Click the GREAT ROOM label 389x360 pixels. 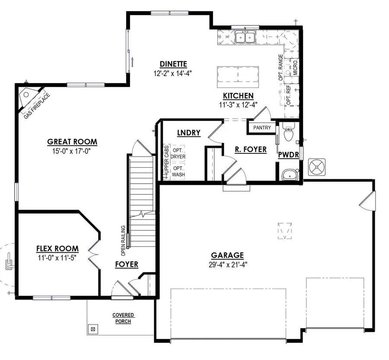coord(72,142)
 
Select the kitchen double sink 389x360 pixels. coord(245,38)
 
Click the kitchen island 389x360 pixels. coord(238,76)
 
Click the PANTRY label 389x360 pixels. coord(262,127)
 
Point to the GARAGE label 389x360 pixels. coord(227,255)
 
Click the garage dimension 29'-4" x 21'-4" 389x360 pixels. coord(227,264)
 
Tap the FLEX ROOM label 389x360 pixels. coord(57,248)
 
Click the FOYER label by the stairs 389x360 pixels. coord(127,264)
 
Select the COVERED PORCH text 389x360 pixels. coord(123,318)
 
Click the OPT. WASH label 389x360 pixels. coord(178,171)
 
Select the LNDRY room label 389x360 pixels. coord(188,133)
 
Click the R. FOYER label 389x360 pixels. coord(250,150)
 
